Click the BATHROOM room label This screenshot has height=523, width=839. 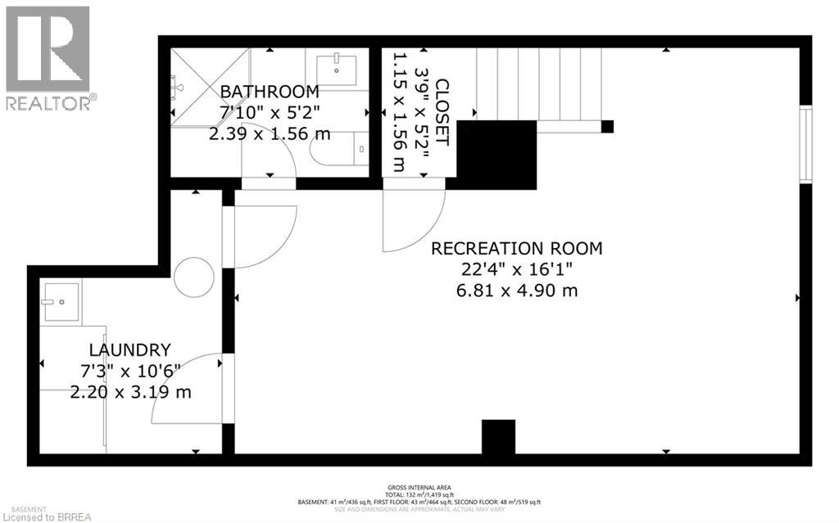pyautogui.click(x=269, y=91)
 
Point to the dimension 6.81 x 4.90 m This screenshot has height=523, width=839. pyautogui.click(x=517, y=291)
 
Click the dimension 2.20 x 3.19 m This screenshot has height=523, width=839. pyautogui.click(x=131, y=392)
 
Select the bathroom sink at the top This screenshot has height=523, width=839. pyautogui.click(x=336, y=67)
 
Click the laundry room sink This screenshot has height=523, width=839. pyautogui.click(x=61, y=302)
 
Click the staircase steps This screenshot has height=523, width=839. pyautogui.click(x=541, y=82)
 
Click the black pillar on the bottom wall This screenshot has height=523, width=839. pyautogui.click(x=498, y=437)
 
